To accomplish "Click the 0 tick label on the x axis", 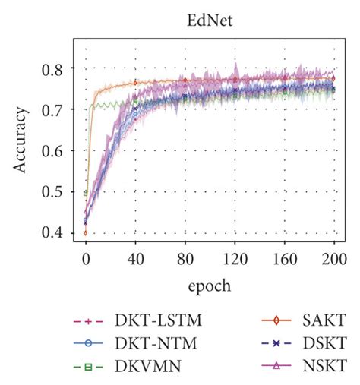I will point(86,258).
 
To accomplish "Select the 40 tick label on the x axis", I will point(135,258).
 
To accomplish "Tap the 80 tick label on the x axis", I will point(185,258).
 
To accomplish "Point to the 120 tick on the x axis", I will point(235,258).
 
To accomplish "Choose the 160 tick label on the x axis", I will point(285,258).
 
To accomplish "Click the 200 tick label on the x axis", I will point(334,258).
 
